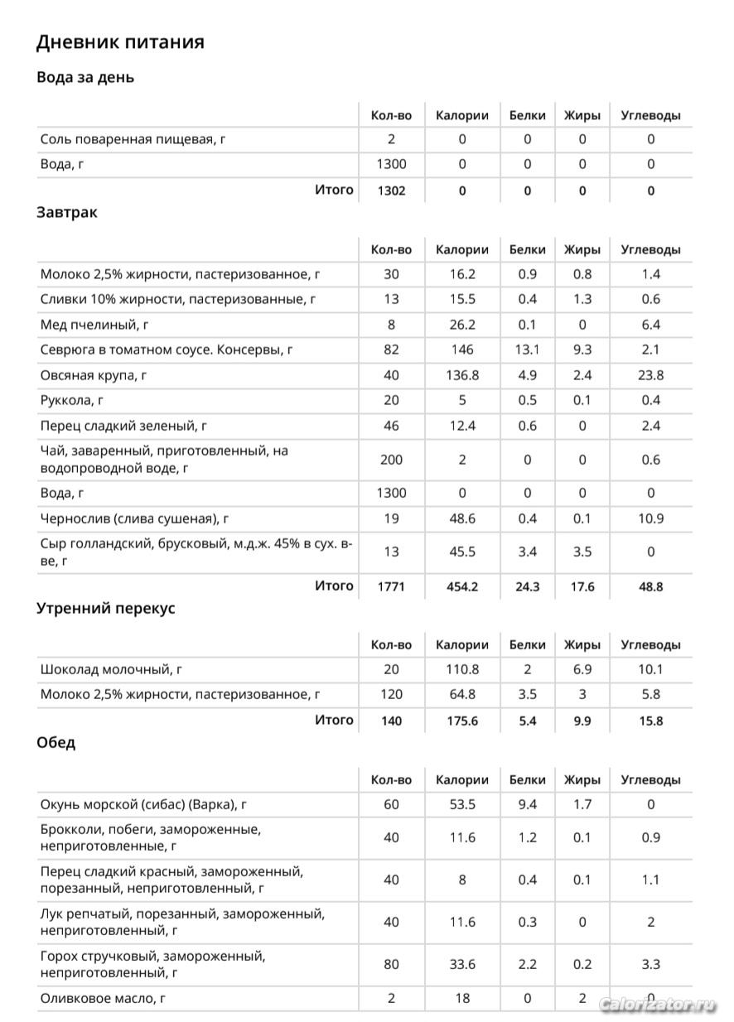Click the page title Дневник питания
120,42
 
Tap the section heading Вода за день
85,78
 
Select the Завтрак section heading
67,212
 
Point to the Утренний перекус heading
106,609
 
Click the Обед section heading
56,743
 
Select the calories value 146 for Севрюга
461,350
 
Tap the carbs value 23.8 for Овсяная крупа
650,375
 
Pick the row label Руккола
71,401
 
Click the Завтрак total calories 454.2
461,587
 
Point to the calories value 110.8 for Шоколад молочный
461,669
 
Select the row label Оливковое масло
103,999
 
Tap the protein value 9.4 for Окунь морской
528,804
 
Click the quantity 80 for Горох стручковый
391,964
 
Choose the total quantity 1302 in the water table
391,190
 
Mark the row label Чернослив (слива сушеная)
134,519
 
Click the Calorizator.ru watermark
657,1005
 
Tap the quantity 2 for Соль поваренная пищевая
391,139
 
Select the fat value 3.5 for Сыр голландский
582,552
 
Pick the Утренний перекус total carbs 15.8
650,721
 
